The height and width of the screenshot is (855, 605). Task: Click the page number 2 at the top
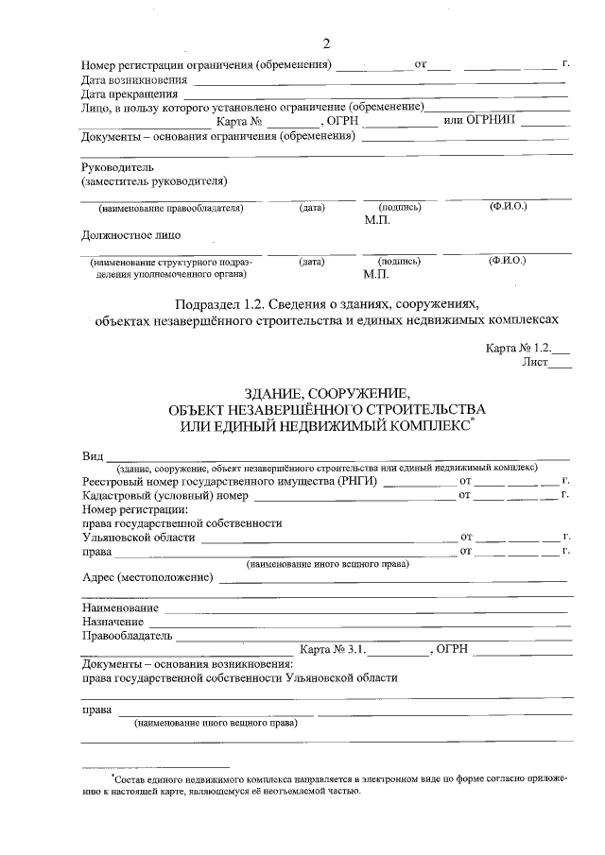(327, 43)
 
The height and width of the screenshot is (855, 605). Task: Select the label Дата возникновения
(132, 79)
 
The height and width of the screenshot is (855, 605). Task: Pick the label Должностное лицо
(131, 234)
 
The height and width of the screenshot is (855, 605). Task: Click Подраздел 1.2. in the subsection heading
(220, 304)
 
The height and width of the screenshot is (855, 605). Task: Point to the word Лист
(533, 362)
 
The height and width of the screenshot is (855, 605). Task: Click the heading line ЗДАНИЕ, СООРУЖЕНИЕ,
(326, 393)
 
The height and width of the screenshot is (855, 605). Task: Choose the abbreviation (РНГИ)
(360, 481)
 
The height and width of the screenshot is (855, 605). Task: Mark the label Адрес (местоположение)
(147, 577)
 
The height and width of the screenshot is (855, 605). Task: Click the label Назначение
(112, 622)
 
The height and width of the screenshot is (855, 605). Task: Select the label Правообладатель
(126, 636)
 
